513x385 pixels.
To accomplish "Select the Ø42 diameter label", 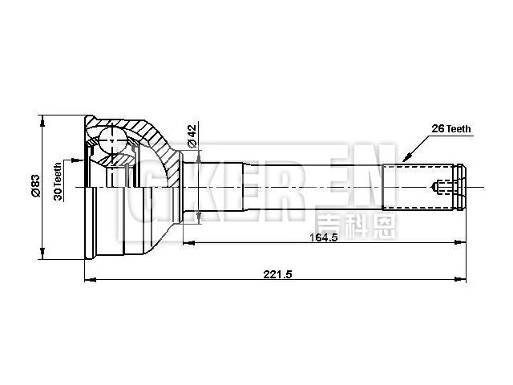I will [192, 135].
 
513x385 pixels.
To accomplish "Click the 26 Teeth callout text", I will [451, 128].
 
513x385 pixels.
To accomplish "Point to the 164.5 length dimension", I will [323, 237].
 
